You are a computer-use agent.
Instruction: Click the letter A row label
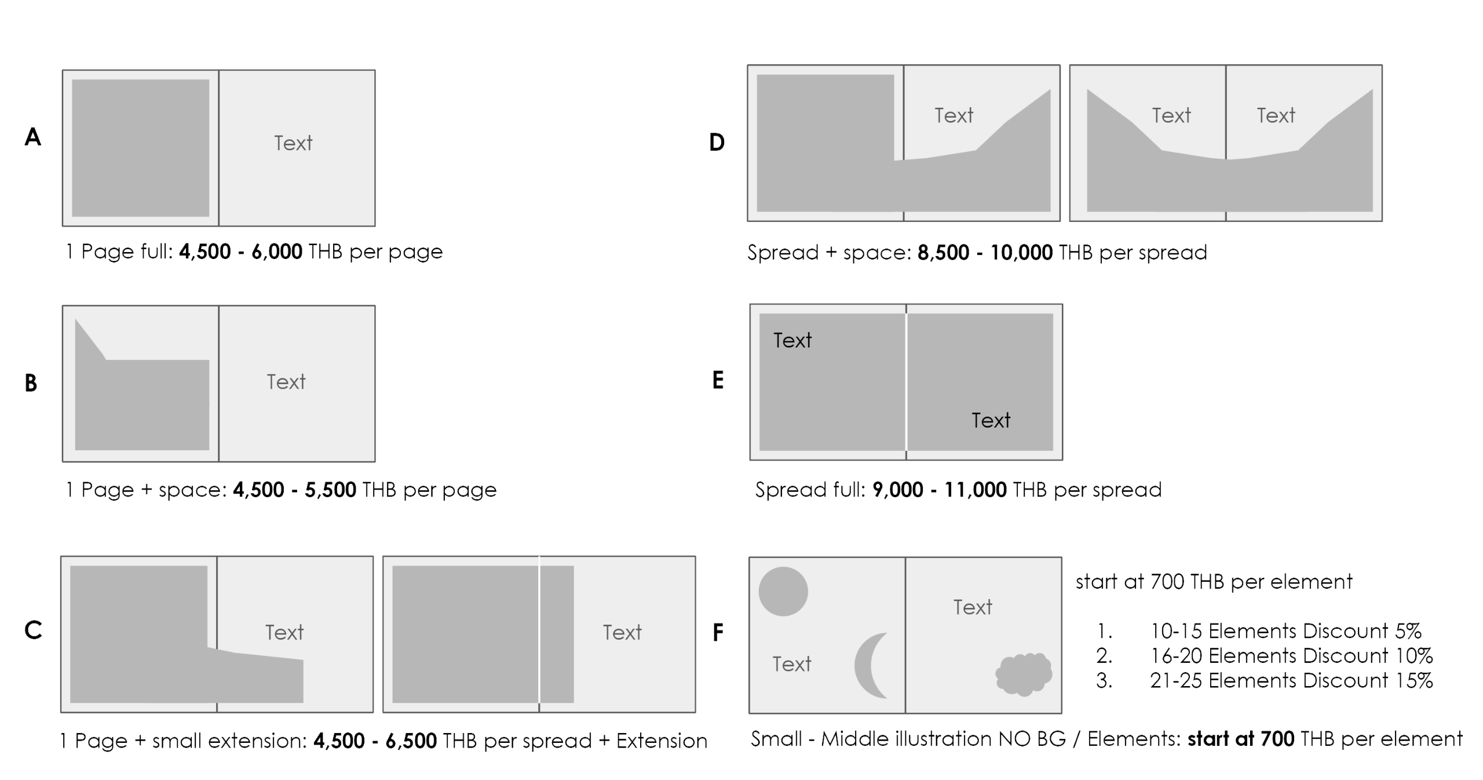point(33,138)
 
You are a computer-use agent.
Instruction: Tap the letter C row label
point(34,630)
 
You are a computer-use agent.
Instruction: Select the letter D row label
point(717,142)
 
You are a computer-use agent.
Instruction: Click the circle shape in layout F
point(783,591)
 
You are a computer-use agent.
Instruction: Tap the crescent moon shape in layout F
point(868,665)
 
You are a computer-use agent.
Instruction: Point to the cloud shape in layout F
point(1024,674)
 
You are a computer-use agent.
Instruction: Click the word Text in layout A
point(293,143)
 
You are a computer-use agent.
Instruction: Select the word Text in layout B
point(286,382)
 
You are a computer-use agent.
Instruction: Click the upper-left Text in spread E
point(792,340)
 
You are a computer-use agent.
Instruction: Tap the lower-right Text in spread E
point(991,420)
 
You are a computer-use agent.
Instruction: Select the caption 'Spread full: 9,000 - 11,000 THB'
point(958,490)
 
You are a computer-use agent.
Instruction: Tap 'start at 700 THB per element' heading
point(1214,581)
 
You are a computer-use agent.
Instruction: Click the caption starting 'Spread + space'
point(977,253)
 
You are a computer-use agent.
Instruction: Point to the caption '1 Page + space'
point(281,490)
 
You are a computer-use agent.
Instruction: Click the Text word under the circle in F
point(792,664)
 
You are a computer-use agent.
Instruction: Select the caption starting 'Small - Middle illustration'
point(1106,739)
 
